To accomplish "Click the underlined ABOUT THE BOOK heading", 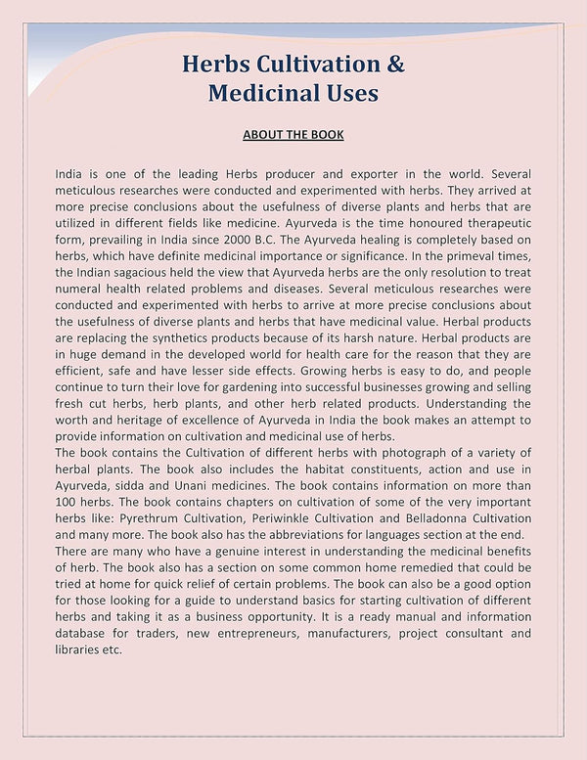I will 293,134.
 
